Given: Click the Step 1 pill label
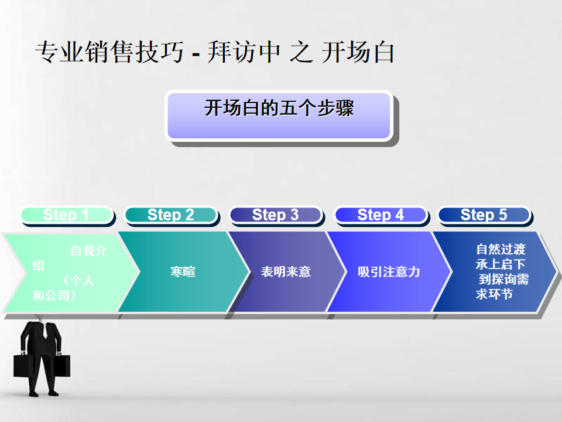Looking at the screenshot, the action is pyautogui.click(x=67, y=215).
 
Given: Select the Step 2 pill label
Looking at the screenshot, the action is pyautogui.click(x=170, y=215).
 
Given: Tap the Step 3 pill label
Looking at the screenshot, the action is pyautogui.click(x=275, y=215).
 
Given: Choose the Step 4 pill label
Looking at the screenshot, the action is pyautogui.click(x=381, y=215).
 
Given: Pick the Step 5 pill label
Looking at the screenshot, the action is pyautogui.click(x=484, y=215).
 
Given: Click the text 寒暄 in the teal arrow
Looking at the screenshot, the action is pyautogui.click(x=183, y=271).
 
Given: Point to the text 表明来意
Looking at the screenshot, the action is pyautogui.click(x=286, y=271).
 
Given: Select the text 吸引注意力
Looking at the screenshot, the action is pyautogui.click(x=389, y=271).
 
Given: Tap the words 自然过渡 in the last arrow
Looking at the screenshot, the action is pyautogui.click(x=501, y=249).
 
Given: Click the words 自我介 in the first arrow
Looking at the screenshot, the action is pyautogui.click(x=88, y=250).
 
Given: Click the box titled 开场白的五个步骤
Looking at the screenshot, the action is pyautogui.click(x=279, y=115).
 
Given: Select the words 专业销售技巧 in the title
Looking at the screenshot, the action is pyautogui.click(x=109, y=52).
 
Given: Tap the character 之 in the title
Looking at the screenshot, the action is pyautogui.click(x=301, y=52).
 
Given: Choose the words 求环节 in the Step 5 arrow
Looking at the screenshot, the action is pyautogui.click(x=494, y=294).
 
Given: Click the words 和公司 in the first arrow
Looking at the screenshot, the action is pyautogui.click(x=51, y=295).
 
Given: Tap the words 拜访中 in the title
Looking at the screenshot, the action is pyautogui.click(x=244, y=52).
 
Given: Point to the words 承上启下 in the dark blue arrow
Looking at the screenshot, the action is pyautogui.click(x=501, y=264).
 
